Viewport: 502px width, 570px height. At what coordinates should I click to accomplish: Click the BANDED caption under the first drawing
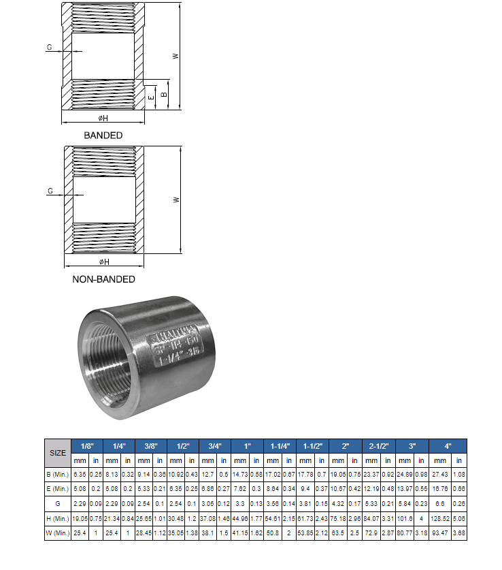(103, 135)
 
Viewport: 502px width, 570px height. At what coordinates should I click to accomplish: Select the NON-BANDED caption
(103, 279)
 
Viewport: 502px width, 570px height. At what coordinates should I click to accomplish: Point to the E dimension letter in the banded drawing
(150, 97)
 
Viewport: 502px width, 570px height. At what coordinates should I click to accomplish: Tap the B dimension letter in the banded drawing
(163, 93)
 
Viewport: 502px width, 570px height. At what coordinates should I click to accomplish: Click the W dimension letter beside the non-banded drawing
(176, 200)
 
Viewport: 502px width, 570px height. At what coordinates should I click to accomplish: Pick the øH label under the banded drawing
(104, 118)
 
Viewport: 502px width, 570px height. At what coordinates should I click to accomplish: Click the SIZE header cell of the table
(58, 452)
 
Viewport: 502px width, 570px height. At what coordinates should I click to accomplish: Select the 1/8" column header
(87, 446)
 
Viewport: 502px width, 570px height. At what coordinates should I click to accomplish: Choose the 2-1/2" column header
(379, 446)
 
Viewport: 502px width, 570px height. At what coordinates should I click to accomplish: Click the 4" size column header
(448, 446)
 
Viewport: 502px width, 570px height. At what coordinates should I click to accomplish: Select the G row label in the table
(58, 504)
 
